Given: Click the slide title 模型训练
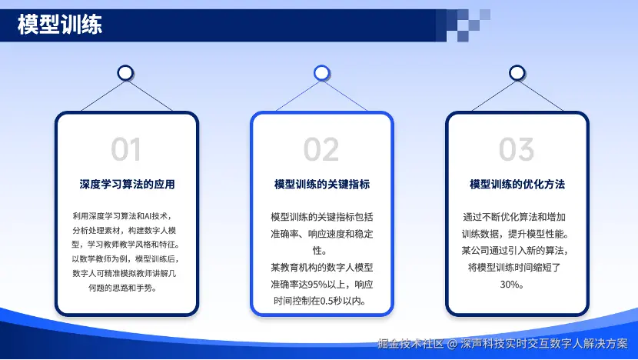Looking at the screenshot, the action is (60, 25).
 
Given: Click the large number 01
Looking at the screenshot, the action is (126, 149).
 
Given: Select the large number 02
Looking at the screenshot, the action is (321, 149).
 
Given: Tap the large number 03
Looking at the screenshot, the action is (517, 149).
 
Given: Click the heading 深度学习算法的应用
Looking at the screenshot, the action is (127, 184).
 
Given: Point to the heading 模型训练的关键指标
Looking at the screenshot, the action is (322, 184).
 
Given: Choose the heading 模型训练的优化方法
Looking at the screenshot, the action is (517, 184).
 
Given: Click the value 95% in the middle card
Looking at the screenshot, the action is (316, 285).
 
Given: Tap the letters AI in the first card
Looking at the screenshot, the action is (148, 216).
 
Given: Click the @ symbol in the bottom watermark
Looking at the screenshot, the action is (452, 344).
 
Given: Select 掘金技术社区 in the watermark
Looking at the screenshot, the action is (410, 344).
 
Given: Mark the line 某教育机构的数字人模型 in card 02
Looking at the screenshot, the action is (322, 268).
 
